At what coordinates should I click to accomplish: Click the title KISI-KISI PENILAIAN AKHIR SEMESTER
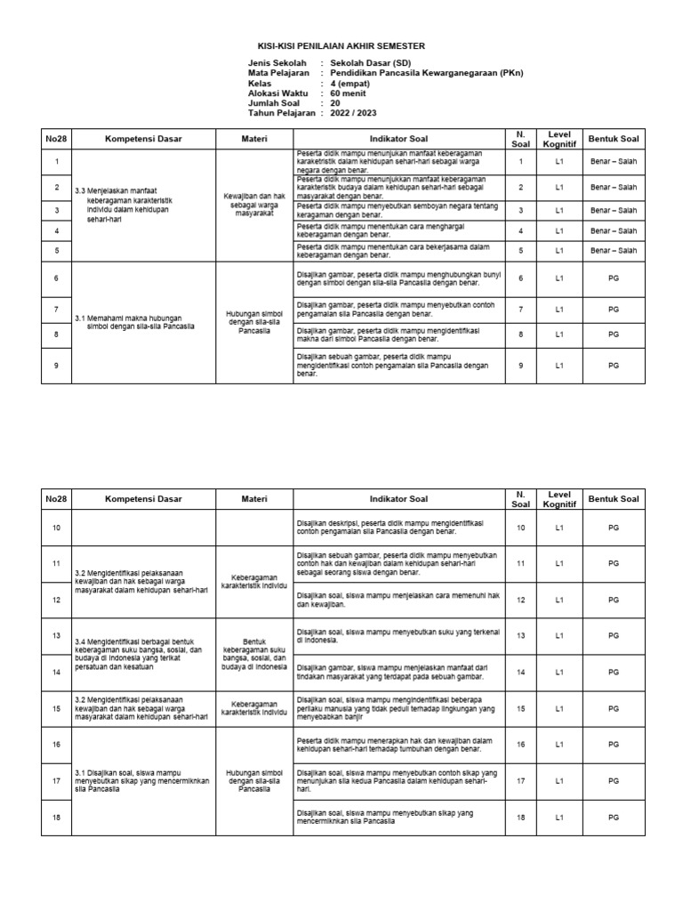click(341, 45)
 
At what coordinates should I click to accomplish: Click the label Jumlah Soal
click(277, 103)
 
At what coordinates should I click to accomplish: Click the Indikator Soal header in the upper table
click(399, 140)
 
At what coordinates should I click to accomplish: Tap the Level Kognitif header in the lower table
click(558, 498)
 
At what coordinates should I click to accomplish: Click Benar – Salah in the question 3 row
click(614, 211)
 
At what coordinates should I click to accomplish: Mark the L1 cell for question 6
click(558, 279)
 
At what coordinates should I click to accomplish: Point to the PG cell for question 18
click(614, 818)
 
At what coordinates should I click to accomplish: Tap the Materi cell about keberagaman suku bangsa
click(253, 655)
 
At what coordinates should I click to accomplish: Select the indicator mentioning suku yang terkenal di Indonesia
click(398, 635)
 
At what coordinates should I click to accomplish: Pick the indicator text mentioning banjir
click(398, 708)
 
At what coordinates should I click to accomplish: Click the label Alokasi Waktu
click(278, 93)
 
